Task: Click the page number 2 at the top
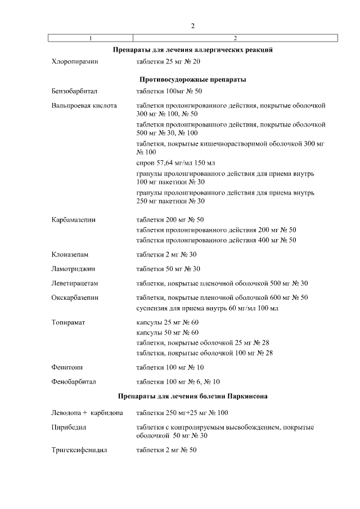(193, 26)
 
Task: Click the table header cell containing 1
(91, 38)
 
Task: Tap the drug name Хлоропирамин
(74, 61)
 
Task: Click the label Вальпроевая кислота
(84, 106)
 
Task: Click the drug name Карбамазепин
(73, 220)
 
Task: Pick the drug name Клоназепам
(70, 254)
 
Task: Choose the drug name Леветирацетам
(74, 283)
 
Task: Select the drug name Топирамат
(68, 323)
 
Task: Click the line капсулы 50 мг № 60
(168, 332)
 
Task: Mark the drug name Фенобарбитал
(74, 382)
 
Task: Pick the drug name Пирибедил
(67, 428)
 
